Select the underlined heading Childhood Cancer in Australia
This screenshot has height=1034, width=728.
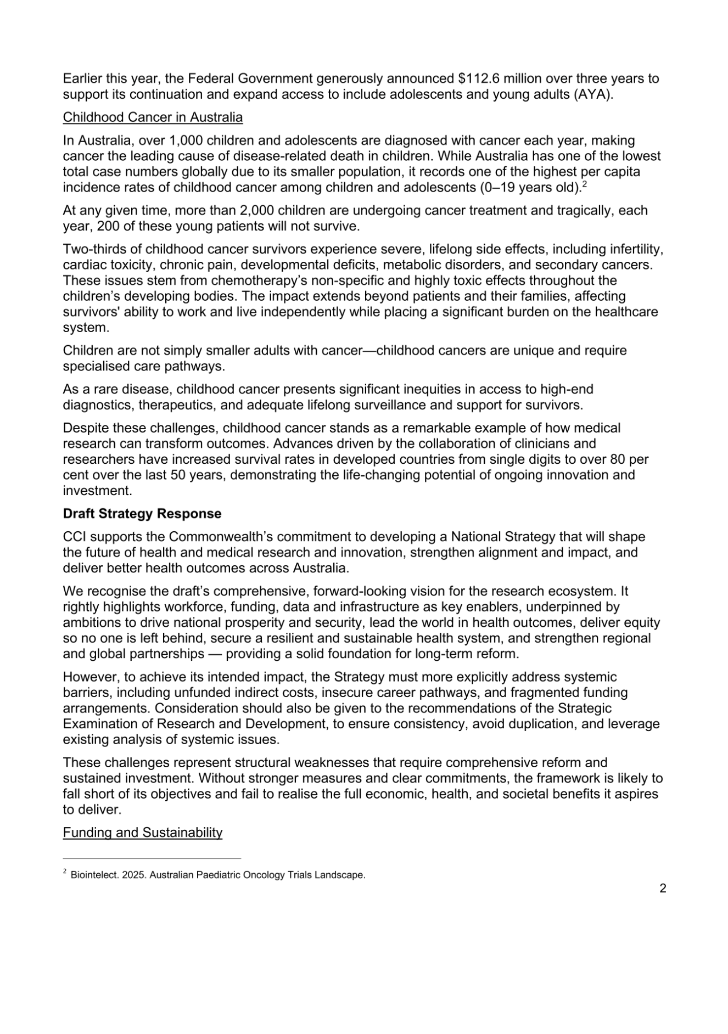(153, 117)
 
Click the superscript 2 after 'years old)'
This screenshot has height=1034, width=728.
(585, 184)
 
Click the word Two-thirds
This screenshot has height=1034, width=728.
(91, 250)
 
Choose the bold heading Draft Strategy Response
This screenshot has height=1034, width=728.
(142, 514)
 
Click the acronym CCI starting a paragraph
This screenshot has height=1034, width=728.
(74, 537)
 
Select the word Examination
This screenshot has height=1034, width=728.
(97, 724)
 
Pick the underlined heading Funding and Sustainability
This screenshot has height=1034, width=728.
(143, 833)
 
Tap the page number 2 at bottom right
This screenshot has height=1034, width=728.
(663, 889)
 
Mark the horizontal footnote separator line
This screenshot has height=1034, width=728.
(152, 858)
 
